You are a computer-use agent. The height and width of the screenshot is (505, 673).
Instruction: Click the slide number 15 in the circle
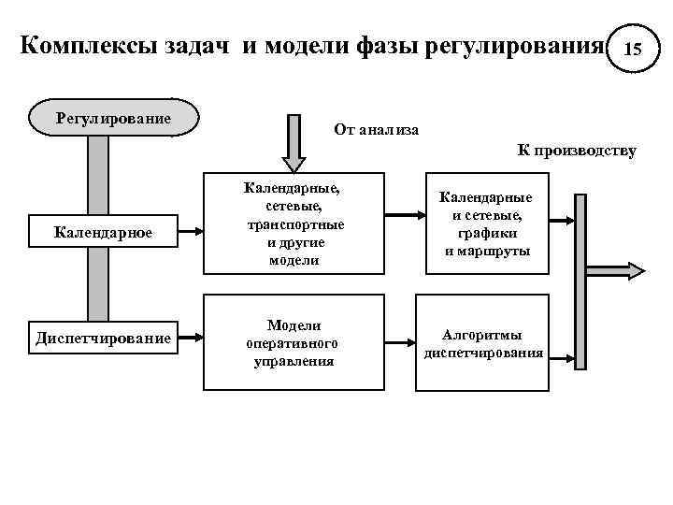[x=633, y=48]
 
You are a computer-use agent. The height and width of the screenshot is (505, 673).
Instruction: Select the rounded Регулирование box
[x=113, y=119]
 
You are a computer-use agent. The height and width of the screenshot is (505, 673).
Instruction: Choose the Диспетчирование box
[x=103, y=338]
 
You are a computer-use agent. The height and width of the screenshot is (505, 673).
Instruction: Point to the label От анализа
[x=376, y=129]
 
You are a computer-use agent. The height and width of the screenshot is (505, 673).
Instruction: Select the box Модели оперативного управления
[x=294, y=342]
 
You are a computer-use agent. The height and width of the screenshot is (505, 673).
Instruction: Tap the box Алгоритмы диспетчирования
[x=482, y=343]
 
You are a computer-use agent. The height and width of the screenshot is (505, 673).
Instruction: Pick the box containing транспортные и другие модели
[x=294, y=224]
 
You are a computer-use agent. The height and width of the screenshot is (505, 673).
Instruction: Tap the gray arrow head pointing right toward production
[x=632, y=271]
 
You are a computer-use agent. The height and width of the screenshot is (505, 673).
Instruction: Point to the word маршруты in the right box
[x=486, y=252]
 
